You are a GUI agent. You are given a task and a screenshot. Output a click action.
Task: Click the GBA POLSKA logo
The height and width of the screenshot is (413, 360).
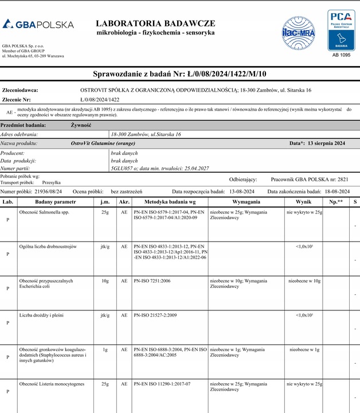pos(38,25)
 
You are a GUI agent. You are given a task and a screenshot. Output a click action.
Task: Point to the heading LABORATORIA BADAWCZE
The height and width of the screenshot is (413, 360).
pos(155,24)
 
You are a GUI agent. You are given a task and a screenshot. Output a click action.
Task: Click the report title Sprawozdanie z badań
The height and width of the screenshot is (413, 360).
pos(179,74)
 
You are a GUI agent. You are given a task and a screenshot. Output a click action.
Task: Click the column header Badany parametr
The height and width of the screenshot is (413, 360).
pos(55,202)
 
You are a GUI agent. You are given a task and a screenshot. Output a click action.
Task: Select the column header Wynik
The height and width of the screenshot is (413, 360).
pos(303,202)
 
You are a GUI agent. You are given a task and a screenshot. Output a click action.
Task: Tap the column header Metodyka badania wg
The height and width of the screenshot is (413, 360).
pos(170,202)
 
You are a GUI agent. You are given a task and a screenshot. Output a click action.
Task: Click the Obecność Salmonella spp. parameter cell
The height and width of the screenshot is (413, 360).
pos(45,212)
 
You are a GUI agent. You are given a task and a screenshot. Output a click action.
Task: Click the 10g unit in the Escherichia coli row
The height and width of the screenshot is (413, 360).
pos(105,281)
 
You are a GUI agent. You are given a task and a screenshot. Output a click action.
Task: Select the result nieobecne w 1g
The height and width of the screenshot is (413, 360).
pos(304,349)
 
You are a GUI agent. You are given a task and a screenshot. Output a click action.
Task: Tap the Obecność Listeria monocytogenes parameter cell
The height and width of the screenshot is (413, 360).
pos(52,383)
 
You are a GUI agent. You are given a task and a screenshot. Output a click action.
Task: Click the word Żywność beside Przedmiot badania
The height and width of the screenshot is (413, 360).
pos(81,124)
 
